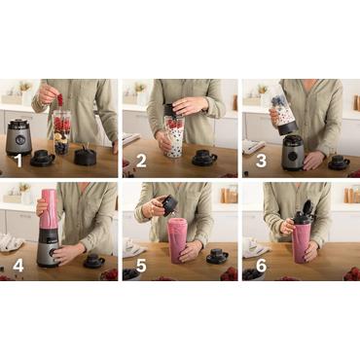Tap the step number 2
click(x=141, y=162)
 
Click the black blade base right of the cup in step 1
click(x=86, y=155)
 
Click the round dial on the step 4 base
click(x=48, y=255)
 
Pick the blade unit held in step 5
click(x=168, y=204)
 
